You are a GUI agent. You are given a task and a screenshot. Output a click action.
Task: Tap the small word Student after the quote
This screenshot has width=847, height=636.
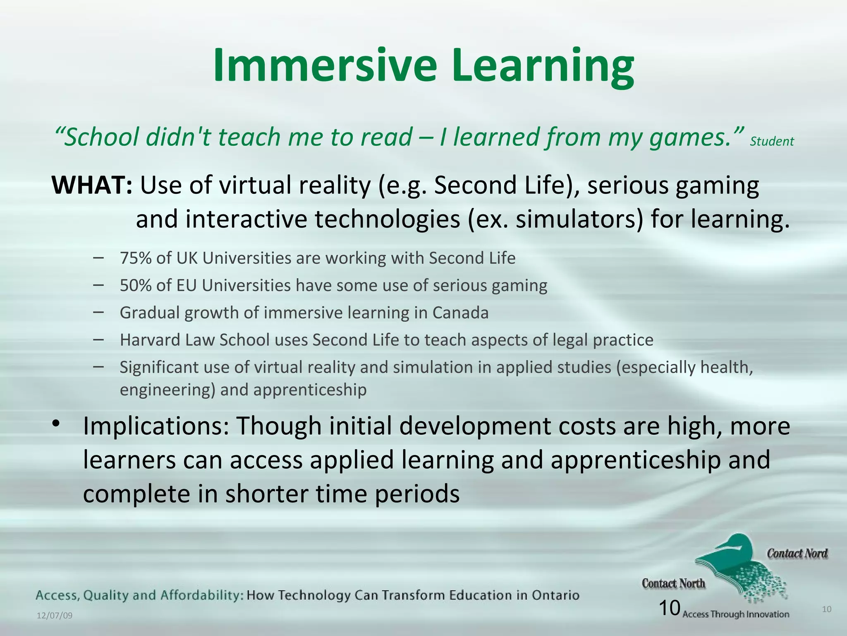(x=771, y=142)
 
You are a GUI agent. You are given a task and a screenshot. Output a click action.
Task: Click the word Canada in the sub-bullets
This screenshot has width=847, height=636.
(x=460, y=313)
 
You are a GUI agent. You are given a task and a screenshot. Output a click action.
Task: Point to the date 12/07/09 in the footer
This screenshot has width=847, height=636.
(x=55, y=616)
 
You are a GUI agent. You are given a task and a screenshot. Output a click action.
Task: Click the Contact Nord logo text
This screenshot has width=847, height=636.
(x=797, y=554)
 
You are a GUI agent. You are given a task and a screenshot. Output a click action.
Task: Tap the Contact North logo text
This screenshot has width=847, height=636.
(x=673, y=583)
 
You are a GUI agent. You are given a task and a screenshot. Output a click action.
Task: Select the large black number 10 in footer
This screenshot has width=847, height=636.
(x=669, y=608)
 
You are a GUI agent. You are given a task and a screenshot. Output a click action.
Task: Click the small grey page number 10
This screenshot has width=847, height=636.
(x=826, y=609)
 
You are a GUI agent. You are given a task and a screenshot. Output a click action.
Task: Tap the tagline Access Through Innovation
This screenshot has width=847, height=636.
(x=736, y=614)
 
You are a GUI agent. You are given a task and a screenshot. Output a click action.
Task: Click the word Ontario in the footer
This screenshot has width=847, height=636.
(x=555, y=595)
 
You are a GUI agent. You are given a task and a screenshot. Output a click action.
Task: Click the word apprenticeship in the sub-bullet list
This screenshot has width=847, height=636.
(x=310, y=390)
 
